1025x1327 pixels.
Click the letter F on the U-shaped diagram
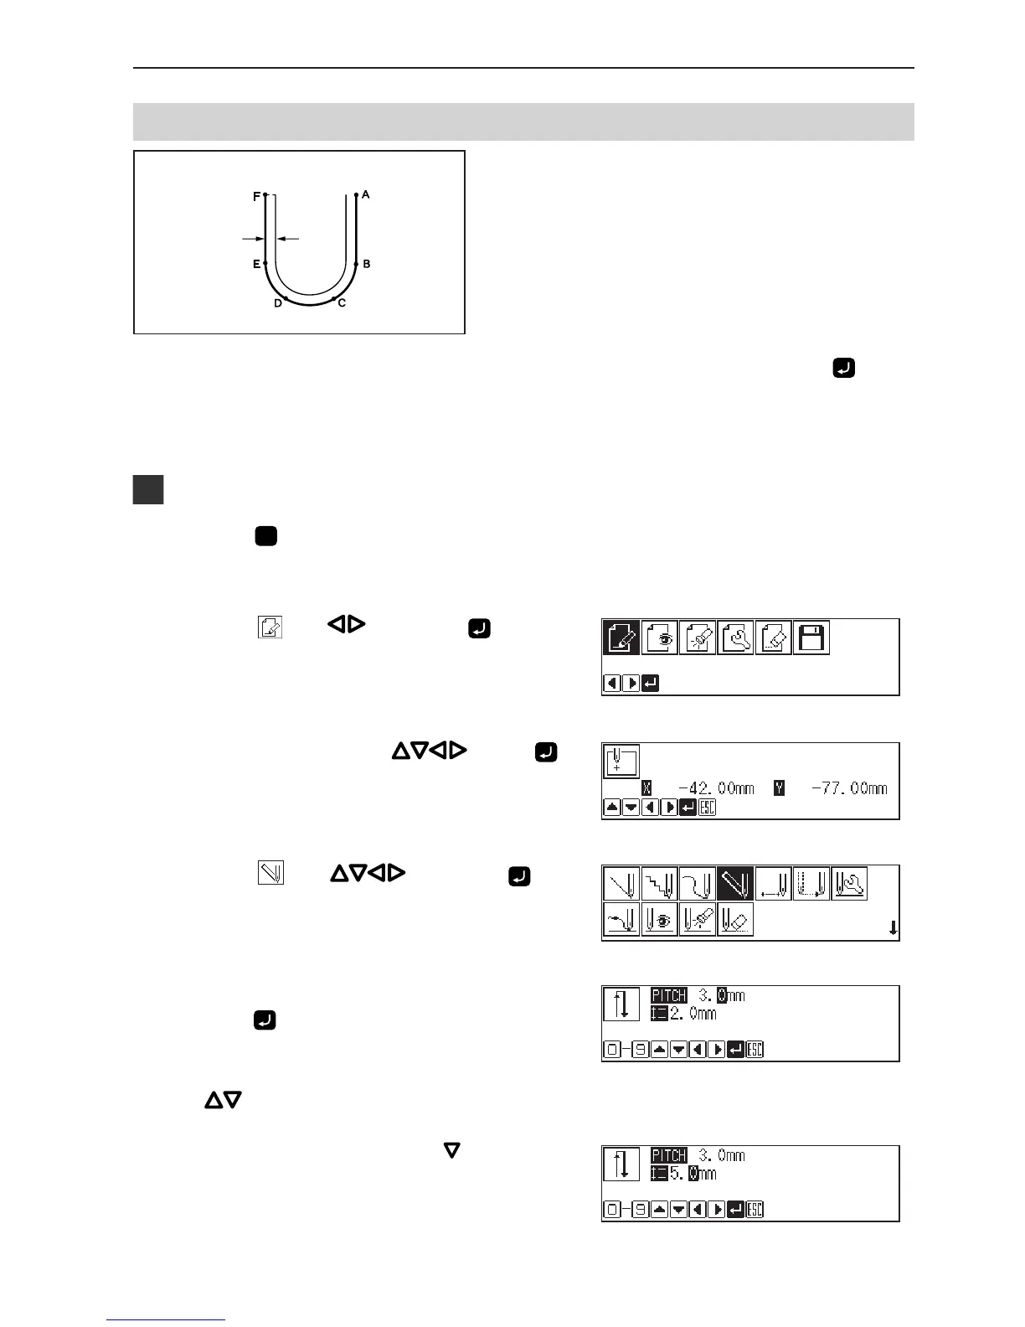[256, 197]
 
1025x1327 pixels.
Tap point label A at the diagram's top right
[366, 194]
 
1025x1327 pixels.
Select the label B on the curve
[367, 264]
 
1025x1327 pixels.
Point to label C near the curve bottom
[342, 303]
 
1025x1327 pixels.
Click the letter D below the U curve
[278, 303]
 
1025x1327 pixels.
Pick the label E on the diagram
[256, 264]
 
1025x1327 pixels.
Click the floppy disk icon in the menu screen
[811, 638]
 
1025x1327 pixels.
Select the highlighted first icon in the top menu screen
[621, 638]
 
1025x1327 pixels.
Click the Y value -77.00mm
[849, 788]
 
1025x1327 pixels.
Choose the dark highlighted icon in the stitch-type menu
[735, 884]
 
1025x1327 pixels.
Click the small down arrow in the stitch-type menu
[893, 927]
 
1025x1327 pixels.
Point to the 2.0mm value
[693, 1014]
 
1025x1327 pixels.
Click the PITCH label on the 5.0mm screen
[669, 1155]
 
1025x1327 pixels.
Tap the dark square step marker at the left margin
[148, 490]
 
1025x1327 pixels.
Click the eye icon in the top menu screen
[660, 638]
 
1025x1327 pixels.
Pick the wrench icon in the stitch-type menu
[850, 884]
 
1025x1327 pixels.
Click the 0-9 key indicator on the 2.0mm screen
[622, 1049]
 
